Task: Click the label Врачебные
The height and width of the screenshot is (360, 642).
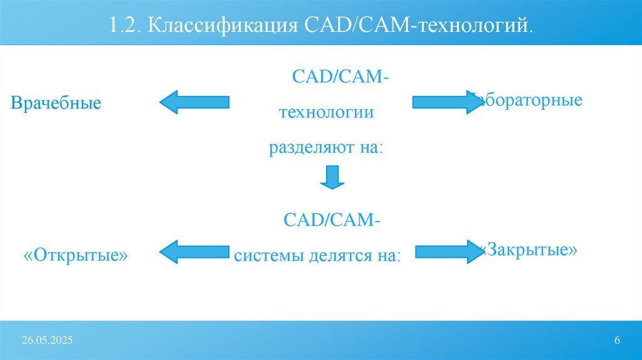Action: coord(56,103)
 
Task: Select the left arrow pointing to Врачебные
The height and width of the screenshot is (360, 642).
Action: coord(194,102)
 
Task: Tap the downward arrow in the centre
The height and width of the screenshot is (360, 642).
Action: coord(332,177)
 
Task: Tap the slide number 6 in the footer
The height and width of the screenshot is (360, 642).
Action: coord(617,340)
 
